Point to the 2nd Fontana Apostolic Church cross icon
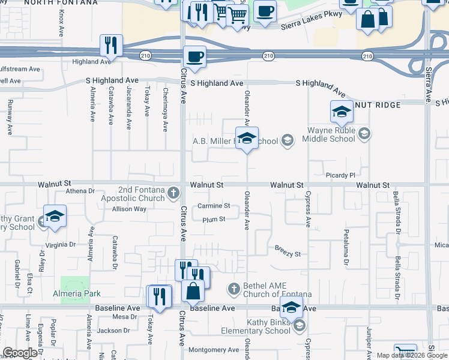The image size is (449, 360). coord(173,193)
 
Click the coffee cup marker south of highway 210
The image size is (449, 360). coord(193,57)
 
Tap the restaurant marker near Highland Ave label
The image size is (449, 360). coord(110,44)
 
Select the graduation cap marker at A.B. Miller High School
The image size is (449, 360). coord(246,139)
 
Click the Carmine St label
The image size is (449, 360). coord(214,206)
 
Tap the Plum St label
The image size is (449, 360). coord(213,220)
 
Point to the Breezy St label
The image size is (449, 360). coord(288,251)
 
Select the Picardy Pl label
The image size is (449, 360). coord(343,175)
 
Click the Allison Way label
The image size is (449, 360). coord(129,209)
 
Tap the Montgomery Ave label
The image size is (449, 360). coord(214,350)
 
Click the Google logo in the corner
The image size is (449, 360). coord(19,353)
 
